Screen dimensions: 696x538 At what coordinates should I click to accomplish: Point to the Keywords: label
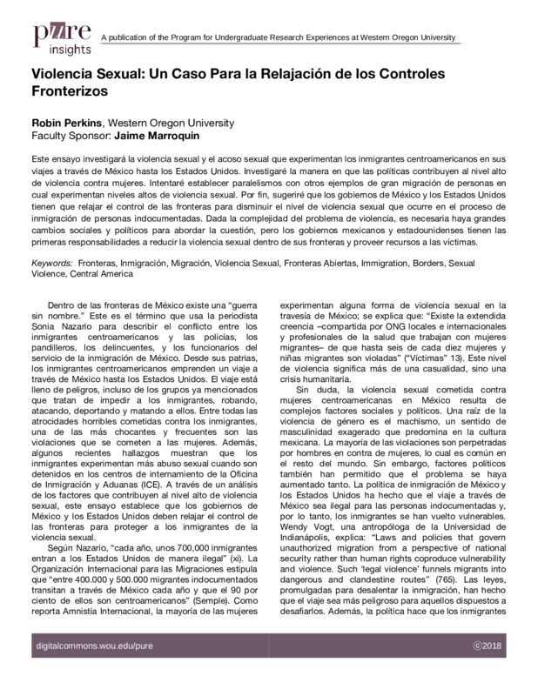52,261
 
